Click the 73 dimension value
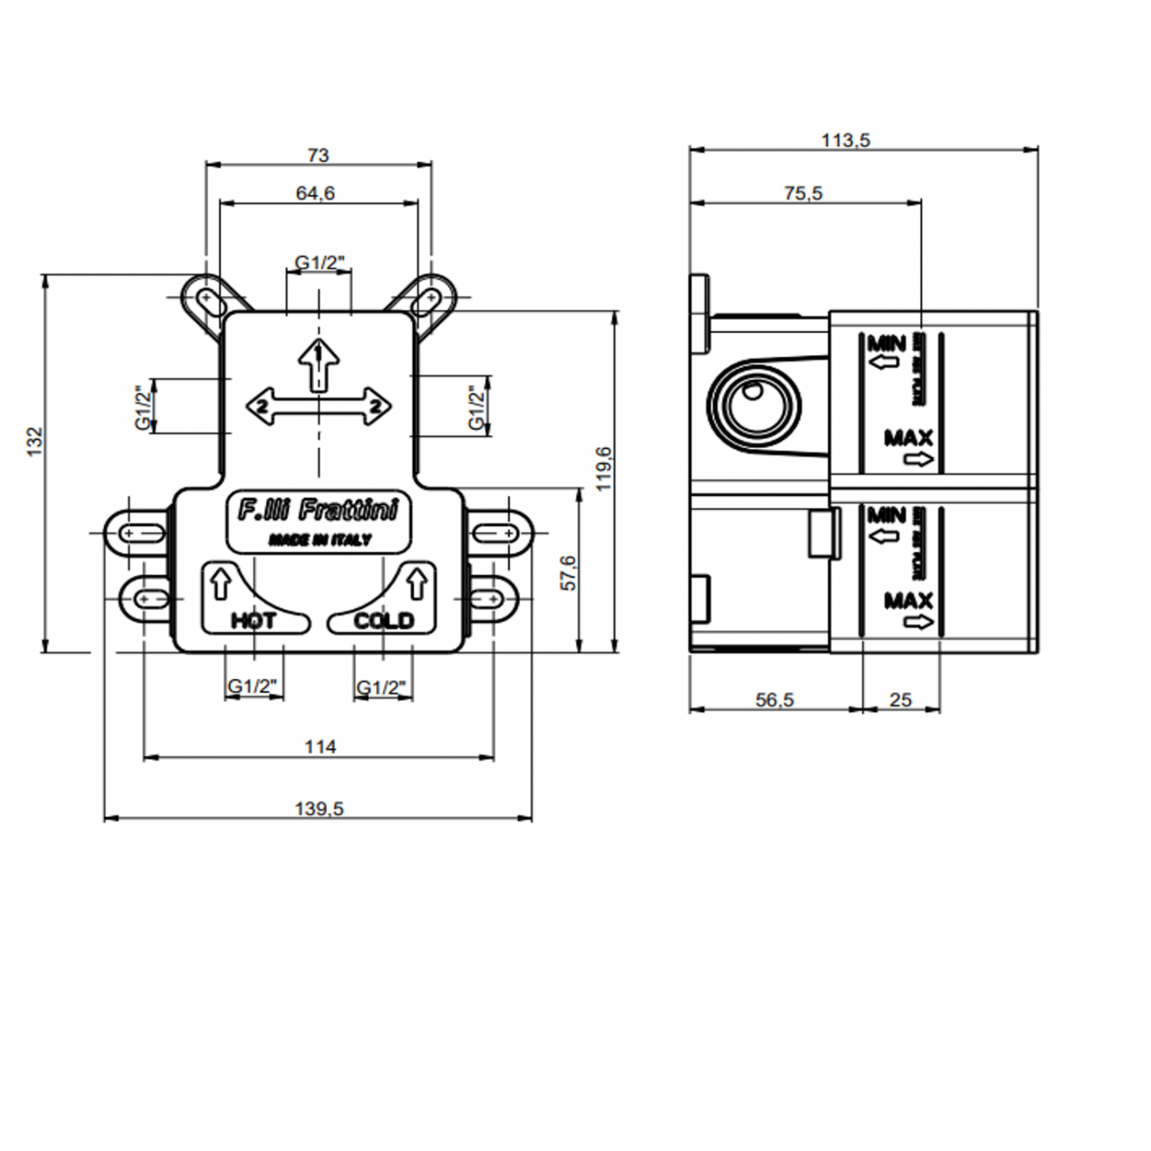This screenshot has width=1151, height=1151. click(x=318, y=155)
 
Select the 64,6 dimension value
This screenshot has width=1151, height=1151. click(x=315, y=192)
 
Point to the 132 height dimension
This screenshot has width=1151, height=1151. click(x=35, y=441)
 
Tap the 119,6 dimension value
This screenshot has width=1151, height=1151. click(x=604, y=468)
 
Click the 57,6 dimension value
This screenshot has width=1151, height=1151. click(x=568, y=573)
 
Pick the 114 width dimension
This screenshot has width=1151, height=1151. click(x=320, y=746)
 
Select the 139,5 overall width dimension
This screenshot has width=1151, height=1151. click(x=319, y=808)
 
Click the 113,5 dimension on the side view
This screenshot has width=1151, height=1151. click(x=846, y=140)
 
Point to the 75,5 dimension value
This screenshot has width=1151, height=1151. click(x=803, y=192)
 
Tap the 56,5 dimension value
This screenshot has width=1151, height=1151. click(x=775, y=699)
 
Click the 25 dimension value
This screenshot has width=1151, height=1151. click(x=900, y=699)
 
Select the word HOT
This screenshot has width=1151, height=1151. click(x=253, y=621)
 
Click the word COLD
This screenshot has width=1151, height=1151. click(x=383, y=621)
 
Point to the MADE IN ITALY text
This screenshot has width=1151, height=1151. click(x=320, y=540)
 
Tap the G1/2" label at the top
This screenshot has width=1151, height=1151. click(x=320, y=262)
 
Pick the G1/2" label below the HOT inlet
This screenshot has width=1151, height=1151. click(x=253, y=686)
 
